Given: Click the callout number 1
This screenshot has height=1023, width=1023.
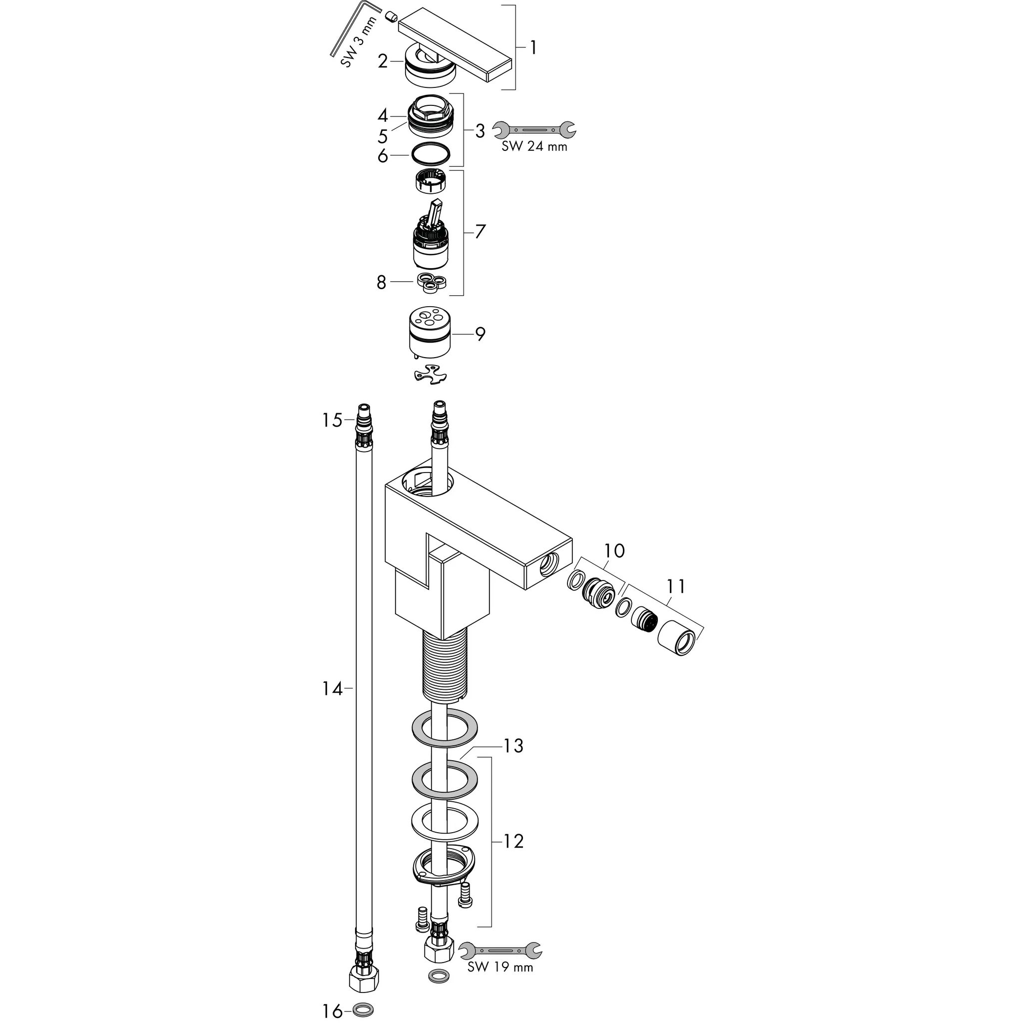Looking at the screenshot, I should coord(533,48).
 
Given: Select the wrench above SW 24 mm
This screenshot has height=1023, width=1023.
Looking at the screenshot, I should coord(534,129).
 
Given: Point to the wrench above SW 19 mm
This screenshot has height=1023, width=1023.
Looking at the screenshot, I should coord(500,950).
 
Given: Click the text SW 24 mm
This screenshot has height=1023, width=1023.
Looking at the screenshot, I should coord(534,147).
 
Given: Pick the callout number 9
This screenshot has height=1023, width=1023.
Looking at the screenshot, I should coord(480,334).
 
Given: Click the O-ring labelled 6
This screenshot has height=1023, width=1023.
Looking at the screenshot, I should coord(431,155).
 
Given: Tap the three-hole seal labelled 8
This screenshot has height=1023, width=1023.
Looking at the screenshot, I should coord(432,282).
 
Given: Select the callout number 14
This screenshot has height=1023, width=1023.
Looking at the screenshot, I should coord(333,689).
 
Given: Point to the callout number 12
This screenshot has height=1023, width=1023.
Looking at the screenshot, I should coord(512,841).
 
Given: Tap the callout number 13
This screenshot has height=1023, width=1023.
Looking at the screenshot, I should coord(513,746).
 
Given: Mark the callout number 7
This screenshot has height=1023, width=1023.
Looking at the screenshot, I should coord(480,231).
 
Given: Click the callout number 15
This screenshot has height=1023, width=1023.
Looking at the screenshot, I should coord(333,421).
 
